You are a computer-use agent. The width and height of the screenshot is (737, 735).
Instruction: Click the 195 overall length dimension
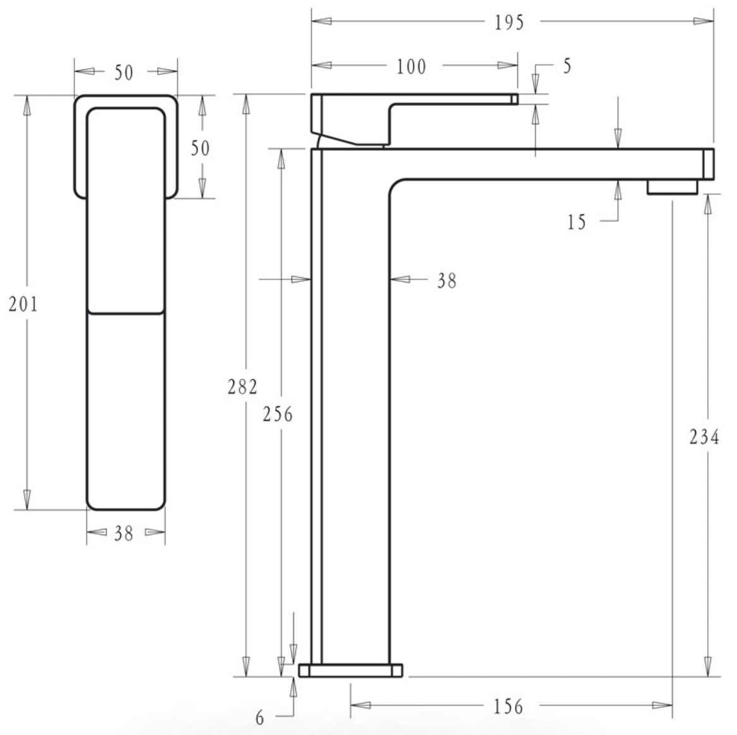point(509,22)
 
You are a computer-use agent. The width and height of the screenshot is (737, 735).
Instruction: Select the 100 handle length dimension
point(411,66)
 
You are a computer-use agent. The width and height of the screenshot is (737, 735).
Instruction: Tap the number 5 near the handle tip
point(567,66)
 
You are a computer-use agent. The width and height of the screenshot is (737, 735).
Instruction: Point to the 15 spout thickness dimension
point(576,222)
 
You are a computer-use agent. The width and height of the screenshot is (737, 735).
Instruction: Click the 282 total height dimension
point(243,386)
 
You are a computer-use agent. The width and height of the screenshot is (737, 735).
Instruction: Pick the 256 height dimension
point(278,414)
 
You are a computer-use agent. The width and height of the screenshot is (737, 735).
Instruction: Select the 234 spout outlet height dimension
point(704,437)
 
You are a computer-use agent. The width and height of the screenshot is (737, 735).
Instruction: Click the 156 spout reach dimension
point(509,706)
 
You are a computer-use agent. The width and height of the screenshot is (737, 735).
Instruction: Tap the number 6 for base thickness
point(260,718)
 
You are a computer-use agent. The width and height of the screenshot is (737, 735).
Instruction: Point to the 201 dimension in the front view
point(23,304)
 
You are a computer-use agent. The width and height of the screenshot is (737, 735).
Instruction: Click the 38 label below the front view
point(124,533)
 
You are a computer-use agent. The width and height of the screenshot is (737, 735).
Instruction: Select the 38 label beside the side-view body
point(447,281)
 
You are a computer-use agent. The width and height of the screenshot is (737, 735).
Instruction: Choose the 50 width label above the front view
point(124,72)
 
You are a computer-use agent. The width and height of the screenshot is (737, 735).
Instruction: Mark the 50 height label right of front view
point(201,148)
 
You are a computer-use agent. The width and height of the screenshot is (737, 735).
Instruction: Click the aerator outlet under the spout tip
point(672,187)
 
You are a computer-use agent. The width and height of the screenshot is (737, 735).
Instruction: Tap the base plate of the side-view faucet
point(351,670)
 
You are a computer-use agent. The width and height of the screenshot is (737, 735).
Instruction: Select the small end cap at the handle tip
point(515,99)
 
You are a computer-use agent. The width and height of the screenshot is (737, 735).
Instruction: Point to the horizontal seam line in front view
point(126,312)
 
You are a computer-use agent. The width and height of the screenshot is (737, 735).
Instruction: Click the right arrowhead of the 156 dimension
point(663,705)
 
